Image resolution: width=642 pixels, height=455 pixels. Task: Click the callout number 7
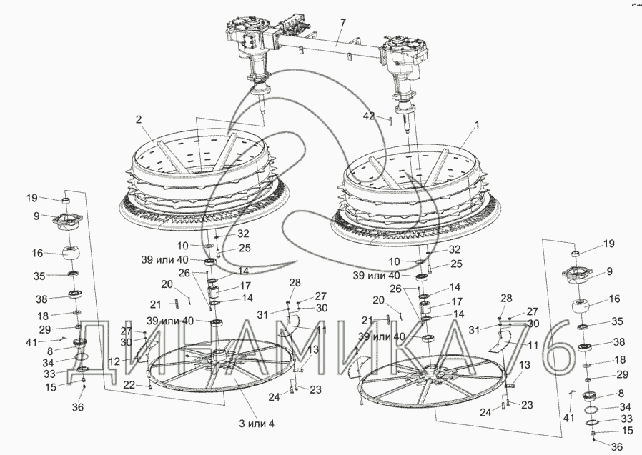342,24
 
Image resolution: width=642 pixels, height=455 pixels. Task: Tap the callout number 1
477,124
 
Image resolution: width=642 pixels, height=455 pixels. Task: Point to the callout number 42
367,115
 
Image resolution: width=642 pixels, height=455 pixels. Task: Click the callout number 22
128,385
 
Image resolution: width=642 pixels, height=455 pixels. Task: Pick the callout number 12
114,362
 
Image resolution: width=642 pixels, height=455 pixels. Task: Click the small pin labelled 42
391,120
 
